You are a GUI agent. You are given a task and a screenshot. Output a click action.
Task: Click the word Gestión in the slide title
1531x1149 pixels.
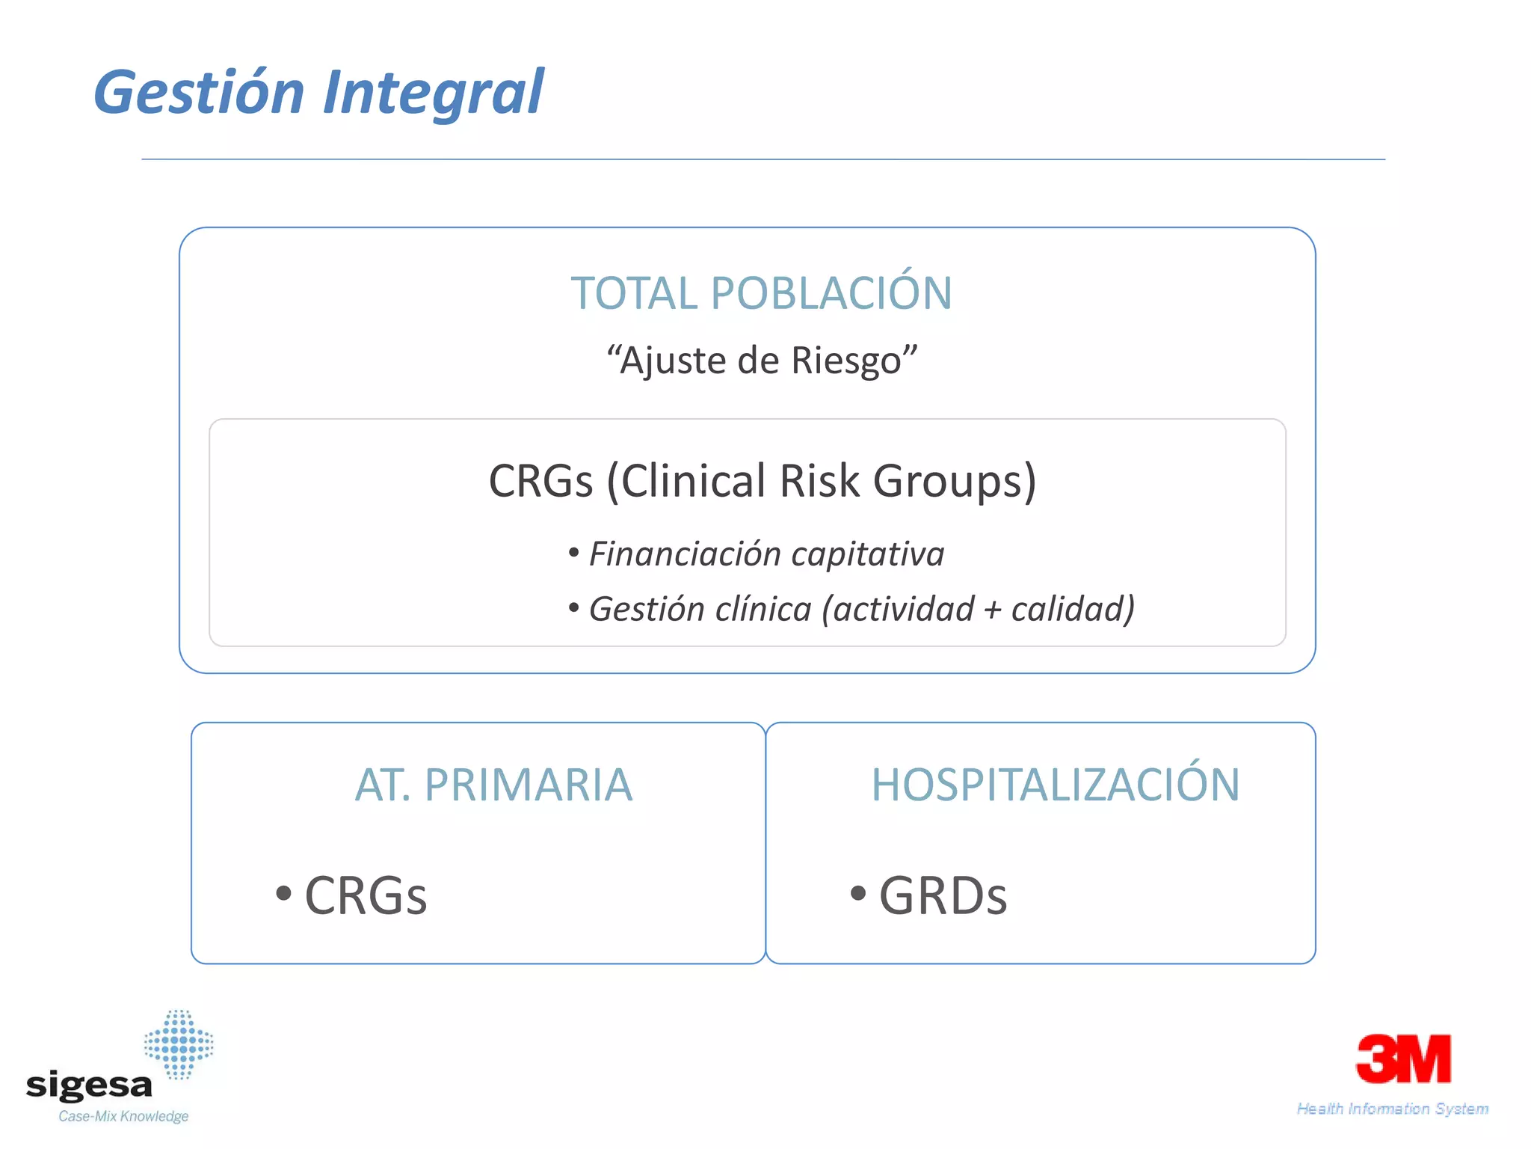click(x=199, y=93)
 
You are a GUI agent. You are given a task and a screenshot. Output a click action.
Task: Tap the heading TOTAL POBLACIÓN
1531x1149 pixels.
click(x=761, y=292)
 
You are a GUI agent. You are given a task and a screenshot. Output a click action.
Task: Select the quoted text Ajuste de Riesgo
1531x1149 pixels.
click(x=761, y=361)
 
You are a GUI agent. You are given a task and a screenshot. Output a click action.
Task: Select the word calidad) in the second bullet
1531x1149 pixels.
click(x=1073, y=609)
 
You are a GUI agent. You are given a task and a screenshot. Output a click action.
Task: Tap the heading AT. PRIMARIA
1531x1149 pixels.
click(x=493, y=785)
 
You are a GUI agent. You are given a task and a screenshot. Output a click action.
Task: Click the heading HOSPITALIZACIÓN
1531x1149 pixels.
click(x=1055, y=785)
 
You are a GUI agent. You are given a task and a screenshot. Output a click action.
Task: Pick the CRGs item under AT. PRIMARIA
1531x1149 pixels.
click(x=365, y=895)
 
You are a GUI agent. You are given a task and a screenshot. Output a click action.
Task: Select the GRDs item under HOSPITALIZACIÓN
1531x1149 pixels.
click(x=943, y=895)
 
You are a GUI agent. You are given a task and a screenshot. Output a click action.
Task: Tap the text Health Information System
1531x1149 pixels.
click(x=1392, y=1109)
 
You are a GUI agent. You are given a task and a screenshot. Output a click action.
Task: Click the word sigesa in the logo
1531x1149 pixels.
click(x=89, y=1084)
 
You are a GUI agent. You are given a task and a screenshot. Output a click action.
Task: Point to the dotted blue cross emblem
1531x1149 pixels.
click(x=179, y=1044)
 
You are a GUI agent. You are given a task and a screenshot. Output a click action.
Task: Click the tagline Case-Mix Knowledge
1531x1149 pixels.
click(x=123, y=1116)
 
